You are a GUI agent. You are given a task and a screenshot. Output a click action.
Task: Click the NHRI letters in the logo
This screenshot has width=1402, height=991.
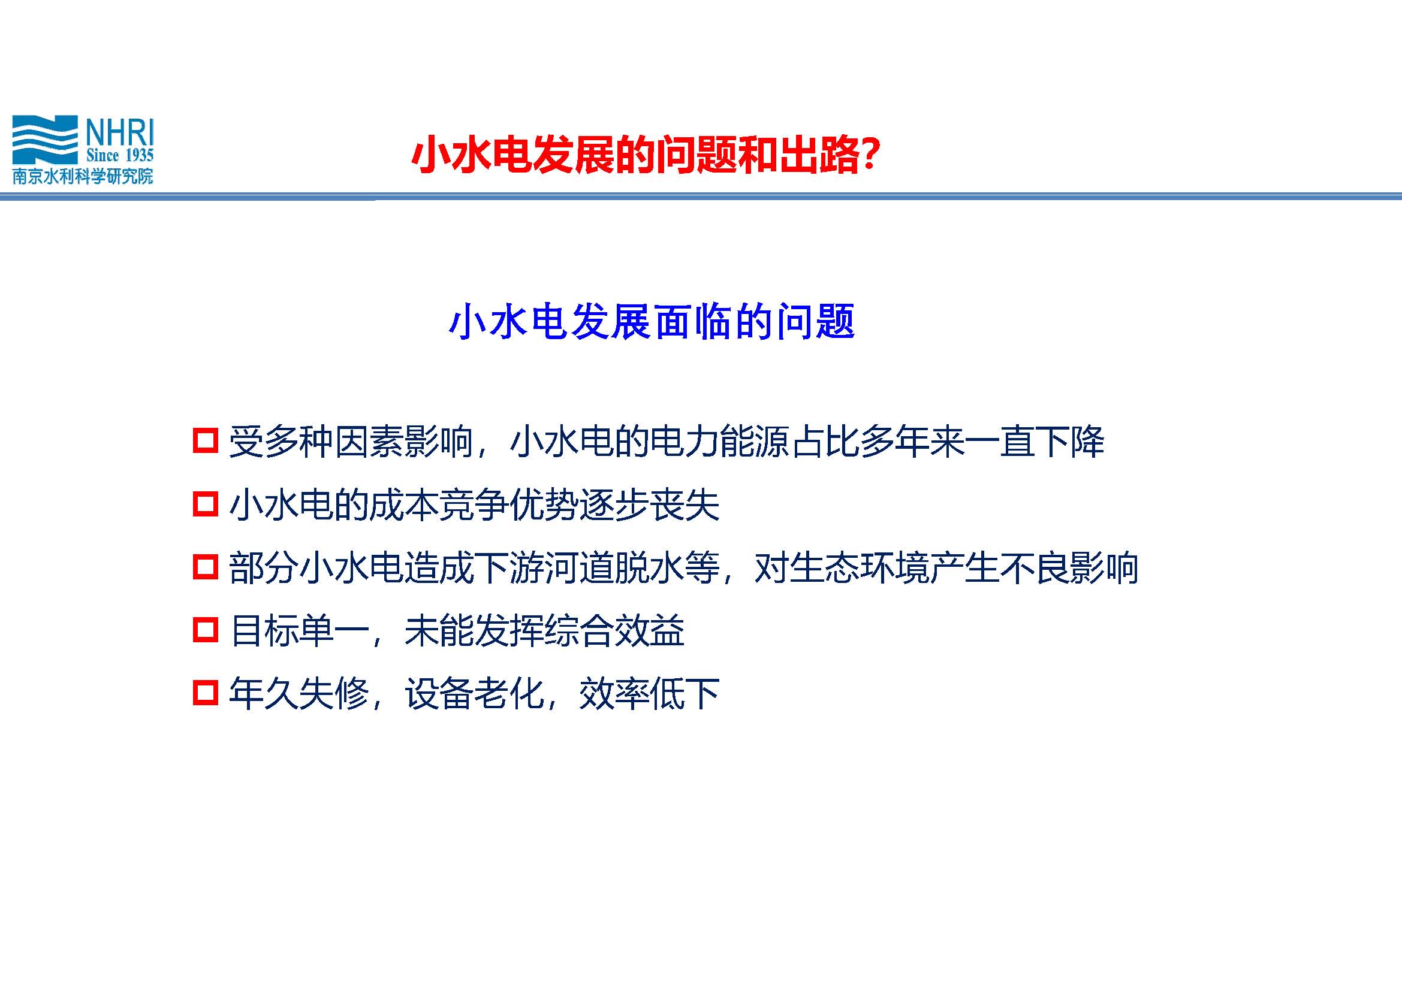tap(120, 132)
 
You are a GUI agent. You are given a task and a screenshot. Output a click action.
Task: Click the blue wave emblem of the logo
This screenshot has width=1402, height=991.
tap(44, 139)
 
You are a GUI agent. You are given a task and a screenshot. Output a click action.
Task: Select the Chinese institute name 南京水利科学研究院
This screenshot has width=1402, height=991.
tap(83, 176)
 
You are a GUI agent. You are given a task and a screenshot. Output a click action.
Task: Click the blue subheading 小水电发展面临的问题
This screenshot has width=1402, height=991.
tap(652, 322)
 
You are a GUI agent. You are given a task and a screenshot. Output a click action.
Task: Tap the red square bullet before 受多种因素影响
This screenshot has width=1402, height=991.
tap(205, 440)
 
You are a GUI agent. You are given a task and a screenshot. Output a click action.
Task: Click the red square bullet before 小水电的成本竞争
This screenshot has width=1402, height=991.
tap(205, 504)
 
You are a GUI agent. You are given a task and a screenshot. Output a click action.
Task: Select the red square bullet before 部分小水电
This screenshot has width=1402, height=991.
tap(205, 566)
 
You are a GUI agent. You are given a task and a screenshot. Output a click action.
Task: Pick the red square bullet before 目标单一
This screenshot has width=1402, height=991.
tap(205, 630)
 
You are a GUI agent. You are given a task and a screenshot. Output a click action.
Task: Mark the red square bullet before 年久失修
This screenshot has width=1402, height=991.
tap(205, 693)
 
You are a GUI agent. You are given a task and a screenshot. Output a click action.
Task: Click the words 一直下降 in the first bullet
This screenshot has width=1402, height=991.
tap(1035, 441)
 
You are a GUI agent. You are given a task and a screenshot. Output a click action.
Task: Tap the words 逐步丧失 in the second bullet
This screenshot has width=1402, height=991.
tap(650, 504)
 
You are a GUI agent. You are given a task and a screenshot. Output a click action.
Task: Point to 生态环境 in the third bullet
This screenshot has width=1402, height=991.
tap(860, 567)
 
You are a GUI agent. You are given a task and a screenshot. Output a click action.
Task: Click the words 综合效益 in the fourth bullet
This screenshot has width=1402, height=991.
tap(614, 630)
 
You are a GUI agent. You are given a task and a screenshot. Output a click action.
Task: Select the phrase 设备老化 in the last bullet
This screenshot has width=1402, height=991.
tap(475, 694)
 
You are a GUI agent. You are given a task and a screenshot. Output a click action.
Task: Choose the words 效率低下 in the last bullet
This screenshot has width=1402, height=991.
tap(650, 694)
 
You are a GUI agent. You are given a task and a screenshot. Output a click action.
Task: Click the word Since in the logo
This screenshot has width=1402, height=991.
tap(102, 155)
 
